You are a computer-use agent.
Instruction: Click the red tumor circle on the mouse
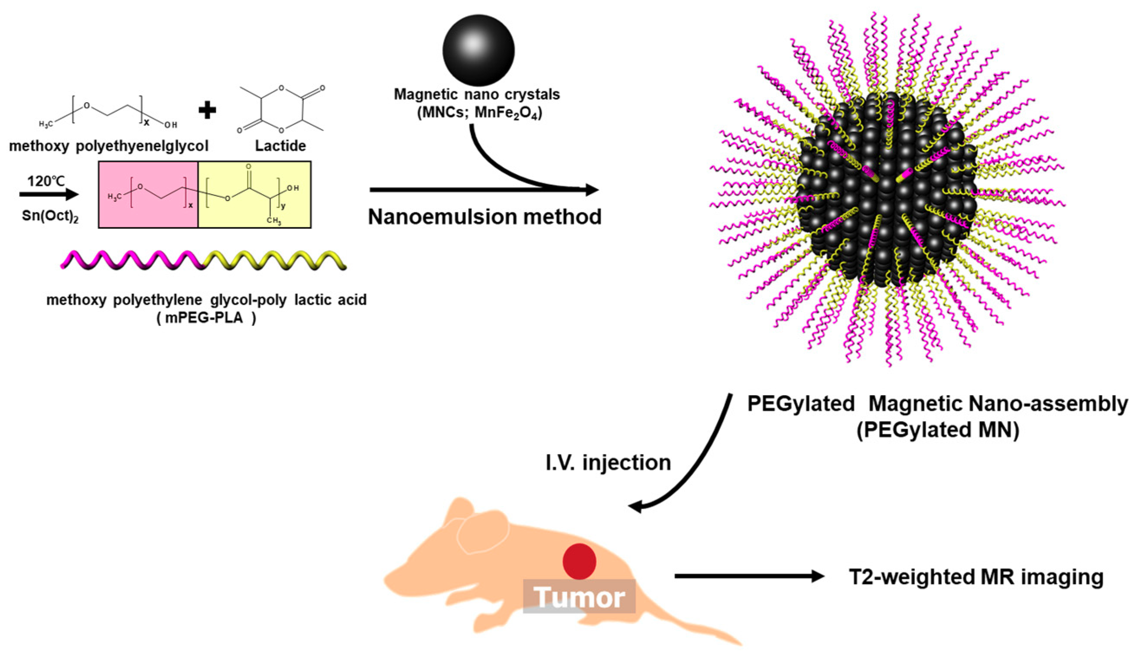pyautogui.click(x=579, y=561)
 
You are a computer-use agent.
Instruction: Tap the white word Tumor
pyautogui.click(x=580, y=597)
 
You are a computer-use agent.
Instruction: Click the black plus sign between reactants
pyautogui.click(x=207, y=110)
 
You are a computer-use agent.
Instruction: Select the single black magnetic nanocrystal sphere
pyautogui.click(x=478, y=49)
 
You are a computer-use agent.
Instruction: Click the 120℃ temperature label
pyautogui.click(x=46, y=181)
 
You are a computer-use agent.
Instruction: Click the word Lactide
pyautogui.click(x=280, y=146)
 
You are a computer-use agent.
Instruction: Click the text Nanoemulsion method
pyautogui.click(x=485, y=217)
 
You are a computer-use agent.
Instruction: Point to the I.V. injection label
pyautogui.click(x=608, y=463)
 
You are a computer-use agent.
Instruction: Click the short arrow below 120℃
pyautogui.click(x=49, y=195)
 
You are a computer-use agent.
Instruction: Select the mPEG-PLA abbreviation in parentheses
pyautogui.click(x=206, y=318)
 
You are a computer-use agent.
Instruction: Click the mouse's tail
pyautogui.click(x=702, y=630)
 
